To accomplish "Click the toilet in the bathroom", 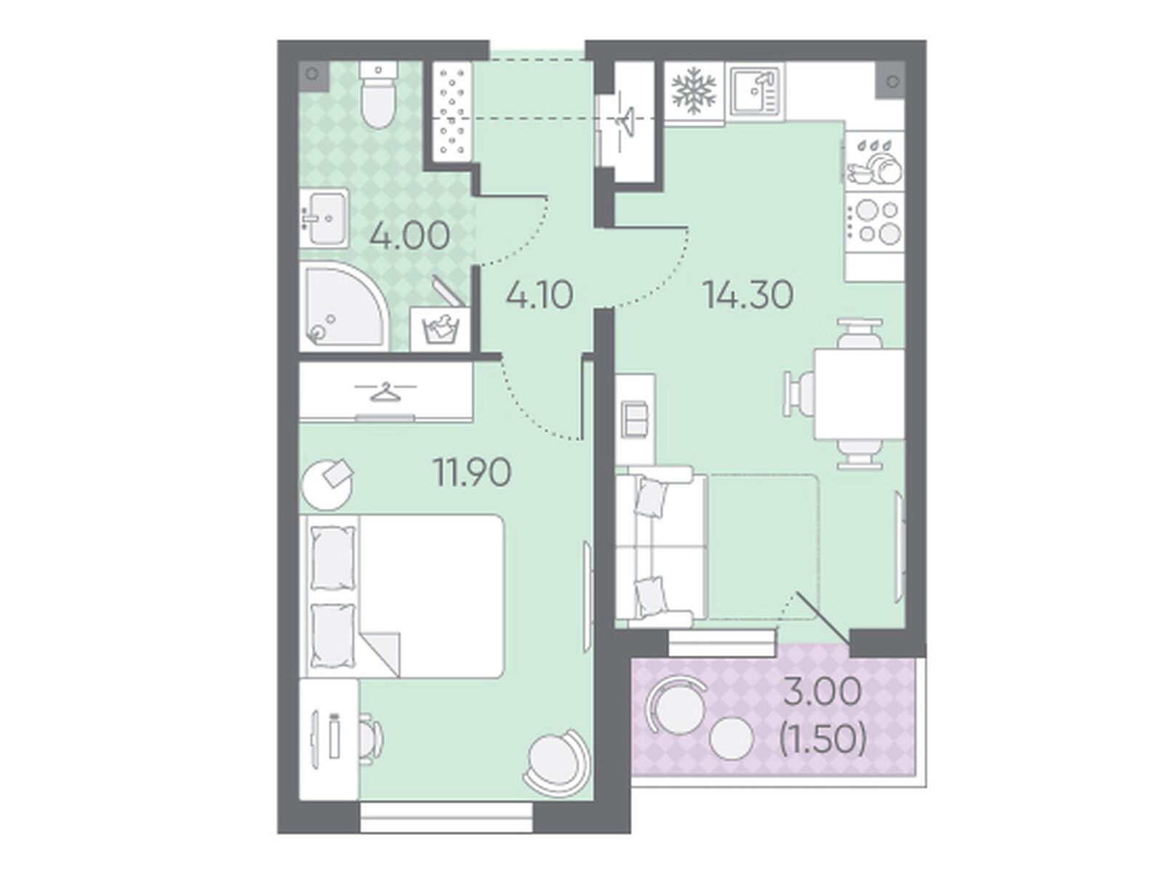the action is [377, 94].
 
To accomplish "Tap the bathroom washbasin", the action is [324, 218].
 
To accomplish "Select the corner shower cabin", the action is [343, 306].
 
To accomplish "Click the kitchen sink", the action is [756, 91].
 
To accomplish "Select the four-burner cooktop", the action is [874, 222].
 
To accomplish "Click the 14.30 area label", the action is [748, 294].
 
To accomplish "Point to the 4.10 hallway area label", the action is [539, 294].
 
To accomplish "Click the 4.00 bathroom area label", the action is [409, 236].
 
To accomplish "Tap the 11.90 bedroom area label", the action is [472, 472].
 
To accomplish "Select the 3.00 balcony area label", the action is [822, 692].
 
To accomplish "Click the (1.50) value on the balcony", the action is [822, 739].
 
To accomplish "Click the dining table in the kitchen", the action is [859, 393].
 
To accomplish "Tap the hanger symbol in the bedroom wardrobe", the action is [385, 392].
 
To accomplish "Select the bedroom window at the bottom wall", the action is [446, 817].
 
